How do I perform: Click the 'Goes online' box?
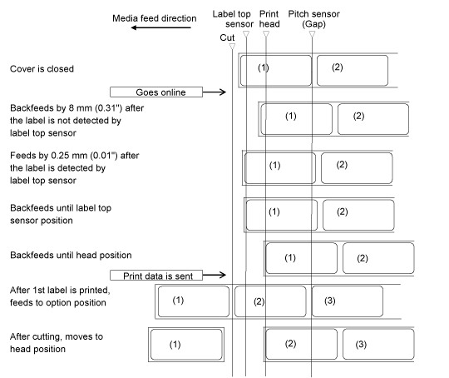(x=156, y=92)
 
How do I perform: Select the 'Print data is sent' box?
(x=156, y=276)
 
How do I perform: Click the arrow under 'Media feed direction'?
(x=161, y=27)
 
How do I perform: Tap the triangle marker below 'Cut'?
(x=232, y=47)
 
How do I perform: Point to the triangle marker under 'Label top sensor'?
(x=246, y=34)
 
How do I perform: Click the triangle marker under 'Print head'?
(x=266, y=34)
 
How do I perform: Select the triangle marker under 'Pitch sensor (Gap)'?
(x=312, y=34)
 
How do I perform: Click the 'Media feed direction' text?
(x=155, y=18)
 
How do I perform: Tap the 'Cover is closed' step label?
(x=42, y=69)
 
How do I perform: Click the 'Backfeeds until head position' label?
(x=71, y=255)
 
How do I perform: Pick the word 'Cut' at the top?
(x=227, y=37)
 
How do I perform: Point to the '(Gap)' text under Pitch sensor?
(x=313, y=24)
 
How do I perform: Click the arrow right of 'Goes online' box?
(x=215, y=92)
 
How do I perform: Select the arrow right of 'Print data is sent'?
(x=215, y=275)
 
